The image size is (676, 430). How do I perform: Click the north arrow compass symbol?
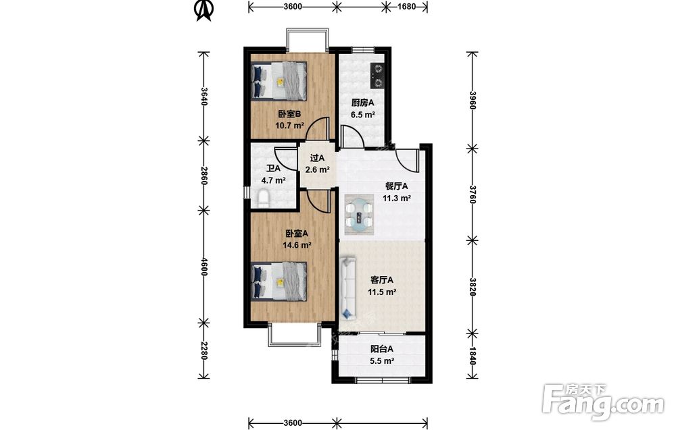pyautogui.click(x=204, y=9)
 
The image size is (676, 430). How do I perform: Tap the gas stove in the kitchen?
pyautogui.click(x=378, y=76)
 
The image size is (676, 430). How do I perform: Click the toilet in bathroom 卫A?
pyautogui.click(x=263, y=198)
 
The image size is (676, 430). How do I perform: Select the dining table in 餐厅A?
pyautogui.click(x=359, y=215)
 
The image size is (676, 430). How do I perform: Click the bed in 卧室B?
pyautogui.click(x=279, y=80)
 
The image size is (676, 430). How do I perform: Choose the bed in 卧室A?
pyautogui.click(x=279, y=281)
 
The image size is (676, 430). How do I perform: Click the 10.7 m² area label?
pyautogui.click(x=290, y=126)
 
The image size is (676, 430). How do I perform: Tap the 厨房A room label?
pyautogui.click(x=362, y=103)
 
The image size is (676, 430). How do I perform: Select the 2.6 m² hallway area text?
pyautogui.click(x=318, y=169)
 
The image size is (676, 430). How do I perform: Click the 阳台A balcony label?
pyautogui.click(x=381, y=349)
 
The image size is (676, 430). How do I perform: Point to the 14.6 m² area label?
pyautogui.click(x=297, y=245)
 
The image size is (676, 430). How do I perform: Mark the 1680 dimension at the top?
pyautogui.click(x=406, y=7)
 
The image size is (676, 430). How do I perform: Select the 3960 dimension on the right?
pyautogui.click(x=473, y=101)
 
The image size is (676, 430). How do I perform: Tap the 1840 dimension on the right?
pyautogui.click(x=473, y=356)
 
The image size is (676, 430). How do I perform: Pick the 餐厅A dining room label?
pyautogui.click(x=396, y=186)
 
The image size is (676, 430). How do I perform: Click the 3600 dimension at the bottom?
pyautogui.click(x=293, y=423)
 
